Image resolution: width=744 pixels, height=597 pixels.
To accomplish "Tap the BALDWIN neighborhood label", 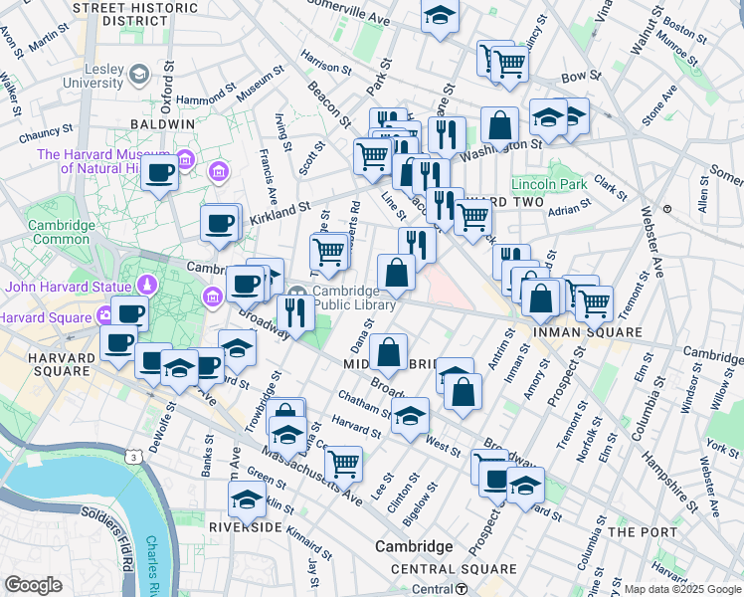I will point(161,123).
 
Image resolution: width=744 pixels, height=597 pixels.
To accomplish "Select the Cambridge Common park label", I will point(61,233).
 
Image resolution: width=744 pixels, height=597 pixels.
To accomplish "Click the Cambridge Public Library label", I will point(354,298).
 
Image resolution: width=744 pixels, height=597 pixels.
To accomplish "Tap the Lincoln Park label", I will point(549,185).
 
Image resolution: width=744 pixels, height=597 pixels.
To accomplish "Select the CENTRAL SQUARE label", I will point(454,569).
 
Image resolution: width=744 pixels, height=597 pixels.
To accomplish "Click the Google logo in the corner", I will point(33,584).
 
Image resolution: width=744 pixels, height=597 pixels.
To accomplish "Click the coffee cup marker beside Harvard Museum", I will point(159,173).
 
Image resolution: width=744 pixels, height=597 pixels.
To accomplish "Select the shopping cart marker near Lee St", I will point(343,461).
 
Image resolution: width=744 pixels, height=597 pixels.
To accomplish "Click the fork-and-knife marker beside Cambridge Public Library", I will point(295,311).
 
